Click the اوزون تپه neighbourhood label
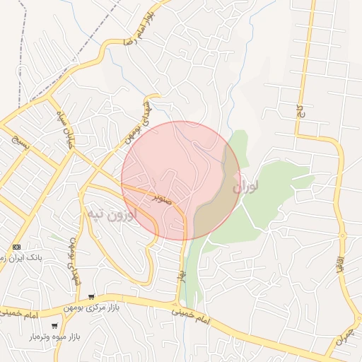click(x=109, y=214)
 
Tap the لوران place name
click(x=245, y=187)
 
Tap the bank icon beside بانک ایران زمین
click(x=16, y=247)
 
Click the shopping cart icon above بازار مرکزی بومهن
click(x=90, y=297)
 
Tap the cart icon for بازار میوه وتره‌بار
click(x=54, y=326)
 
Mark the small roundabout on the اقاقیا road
click(x=343, y=236)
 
